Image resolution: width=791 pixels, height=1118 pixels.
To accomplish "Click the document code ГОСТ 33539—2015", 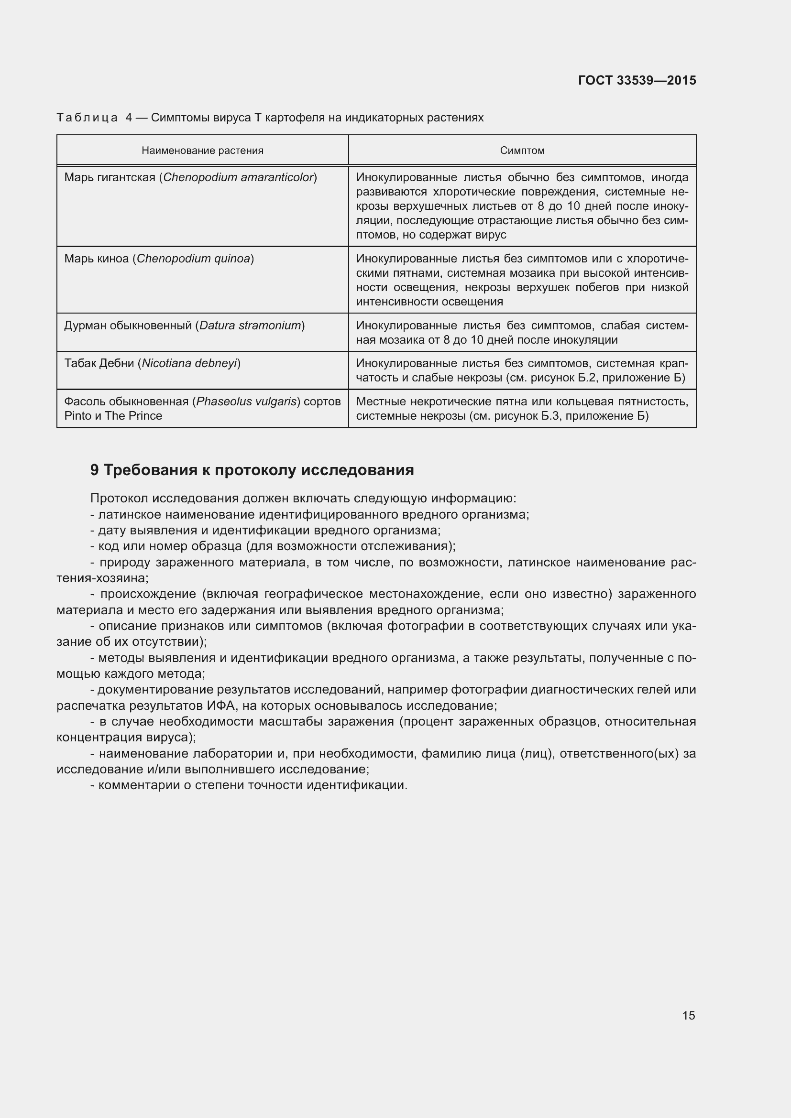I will (x=637, y=80).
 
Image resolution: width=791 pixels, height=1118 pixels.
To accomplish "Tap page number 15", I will (x=689, y=1015).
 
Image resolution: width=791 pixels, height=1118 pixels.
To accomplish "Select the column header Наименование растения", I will (x=202, y=151).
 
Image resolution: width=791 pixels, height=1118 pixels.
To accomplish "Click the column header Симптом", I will (x=522, y=151).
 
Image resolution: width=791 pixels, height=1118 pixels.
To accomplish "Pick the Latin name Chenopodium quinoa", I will (x=193, y=259).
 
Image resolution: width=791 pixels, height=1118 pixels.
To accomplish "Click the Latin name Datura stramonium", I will (x=250, y=326).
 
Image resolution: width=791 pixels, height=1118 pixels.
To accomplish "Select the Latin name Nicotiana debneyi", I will (x=189, y=363).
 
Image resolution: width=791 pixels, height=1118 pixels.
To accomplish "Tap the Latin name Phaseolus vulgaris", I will (x=247, y=402).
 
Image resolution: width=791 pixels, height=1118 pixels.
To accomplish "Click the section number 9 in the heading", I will (x=95, y=470).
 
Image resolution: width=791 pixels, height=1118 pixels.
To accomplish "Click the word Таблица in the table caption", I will (x=87, y=118).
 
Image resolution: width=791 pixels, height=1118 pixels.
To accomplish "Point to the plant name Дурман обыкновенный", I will (x=128, y=326).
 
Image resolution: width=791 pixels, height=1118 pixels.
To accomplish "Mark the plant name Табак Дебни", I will (x=99, y=363).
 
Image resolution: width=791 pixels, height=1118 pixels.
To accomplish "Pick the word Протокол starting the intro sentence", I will (x=120, y=498).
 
